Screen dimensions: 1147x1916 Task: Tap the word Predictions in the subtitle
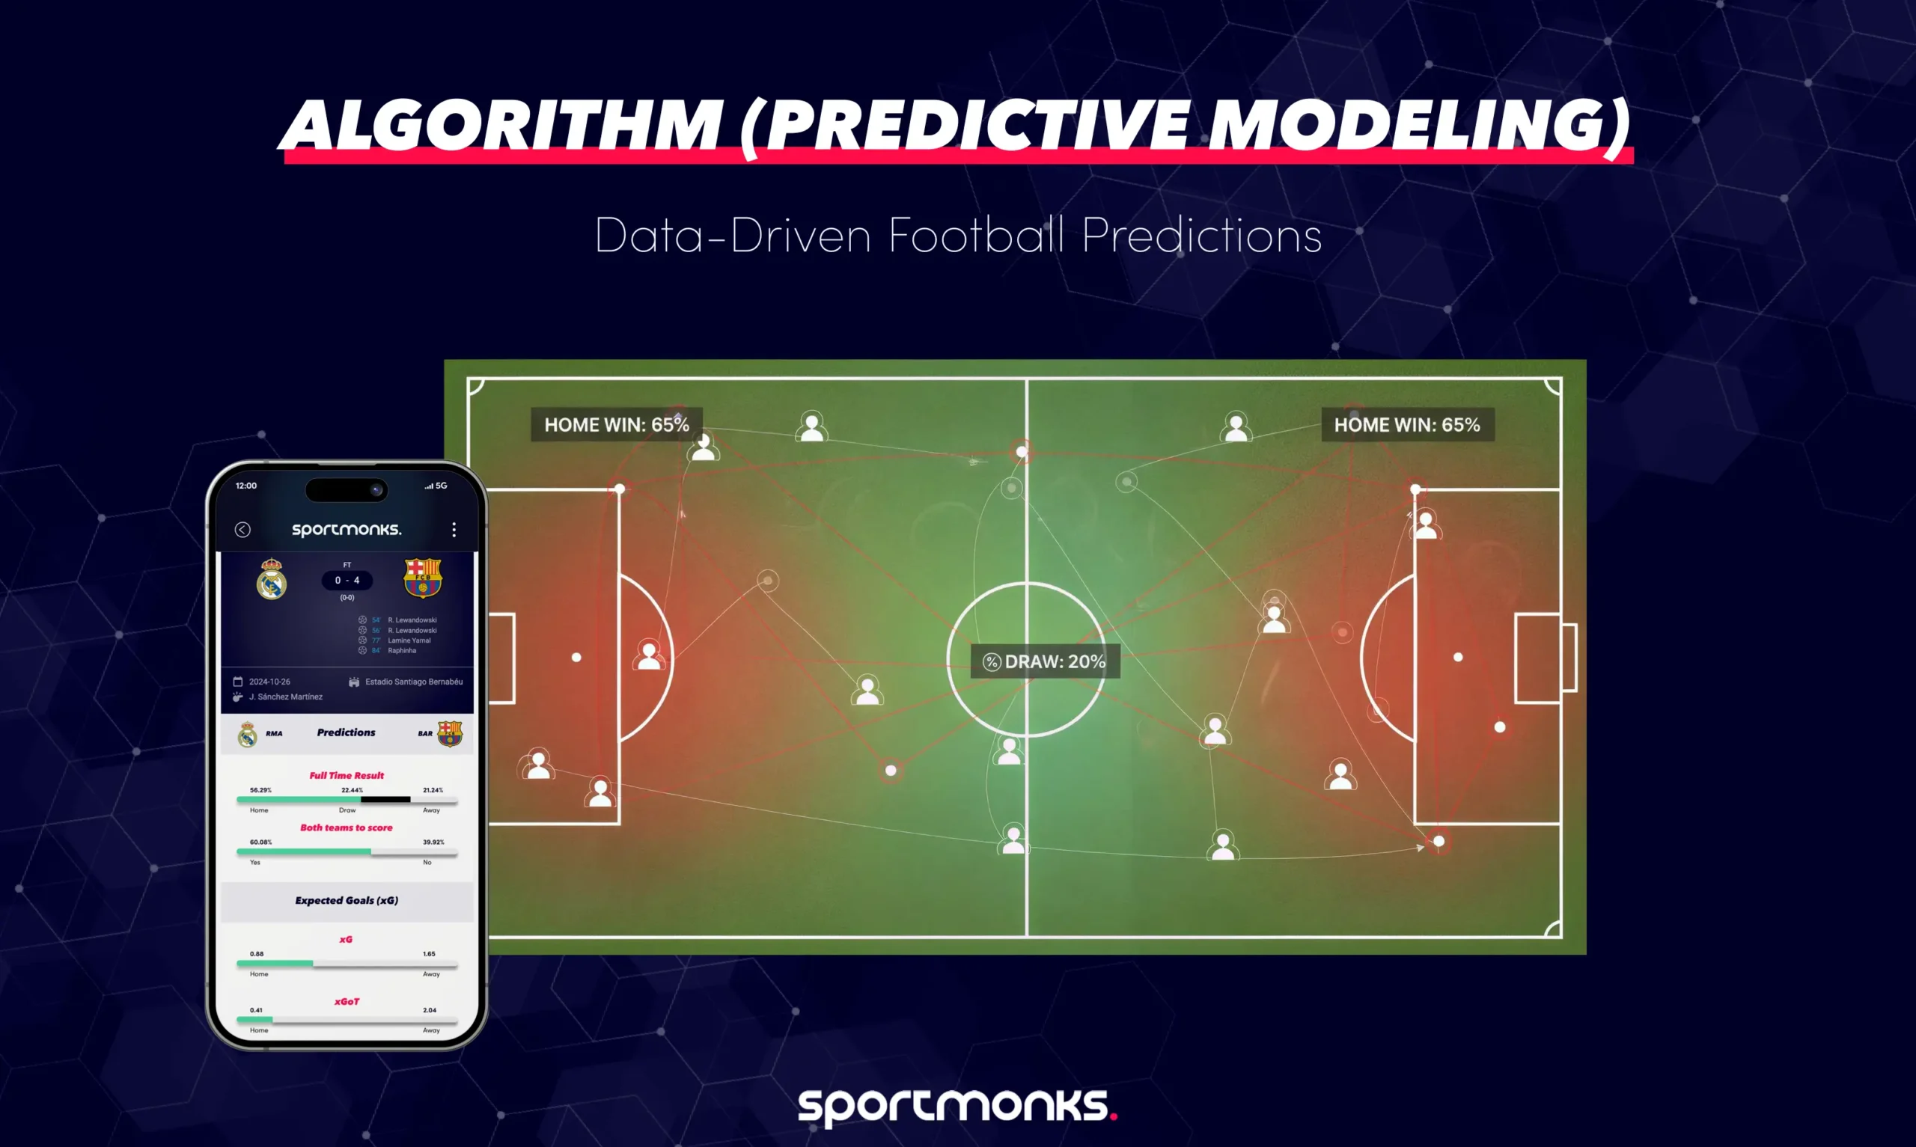(x=1201, y=235)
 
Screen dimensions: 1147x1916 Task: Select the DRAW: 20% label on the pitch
(x=1046, y=661)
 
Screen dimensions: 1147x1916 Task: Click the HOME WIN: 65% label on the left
(x=616, y=424)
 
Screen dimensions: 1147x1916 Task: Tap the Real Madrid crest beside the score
(x=271, y=579)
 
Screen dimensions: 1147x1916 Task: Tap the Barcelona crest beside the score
(x=423, y=578)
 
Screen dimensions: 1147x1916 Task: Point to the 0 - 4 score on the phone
(x=347, y=581)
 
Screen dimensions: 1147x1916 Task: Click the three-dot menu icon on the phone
(x=454, y=530)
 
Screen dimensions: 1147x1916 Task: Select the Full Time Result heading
(x=347, y=775)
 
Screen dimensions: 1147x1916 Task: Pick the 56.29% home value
(x=260, y=790)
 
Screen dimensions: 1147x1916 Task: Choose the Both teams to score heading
(x=347, y=827)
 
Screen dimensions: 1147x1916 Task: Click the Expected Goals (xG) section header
(x=347, y=900)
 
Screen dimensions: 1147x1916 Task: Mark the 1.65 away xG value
(x=429, y=954)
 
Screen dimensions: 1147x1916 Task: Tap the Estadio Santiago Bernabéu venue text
(x=413, y=682)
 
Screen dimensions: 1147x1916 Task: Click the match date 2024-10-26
(x=269, y=682)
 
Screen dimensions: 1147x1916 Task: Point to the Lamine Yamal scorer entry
(x=409, y=640)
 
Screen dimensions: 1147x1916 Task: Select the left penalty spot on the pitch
(x=576, y=657)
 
